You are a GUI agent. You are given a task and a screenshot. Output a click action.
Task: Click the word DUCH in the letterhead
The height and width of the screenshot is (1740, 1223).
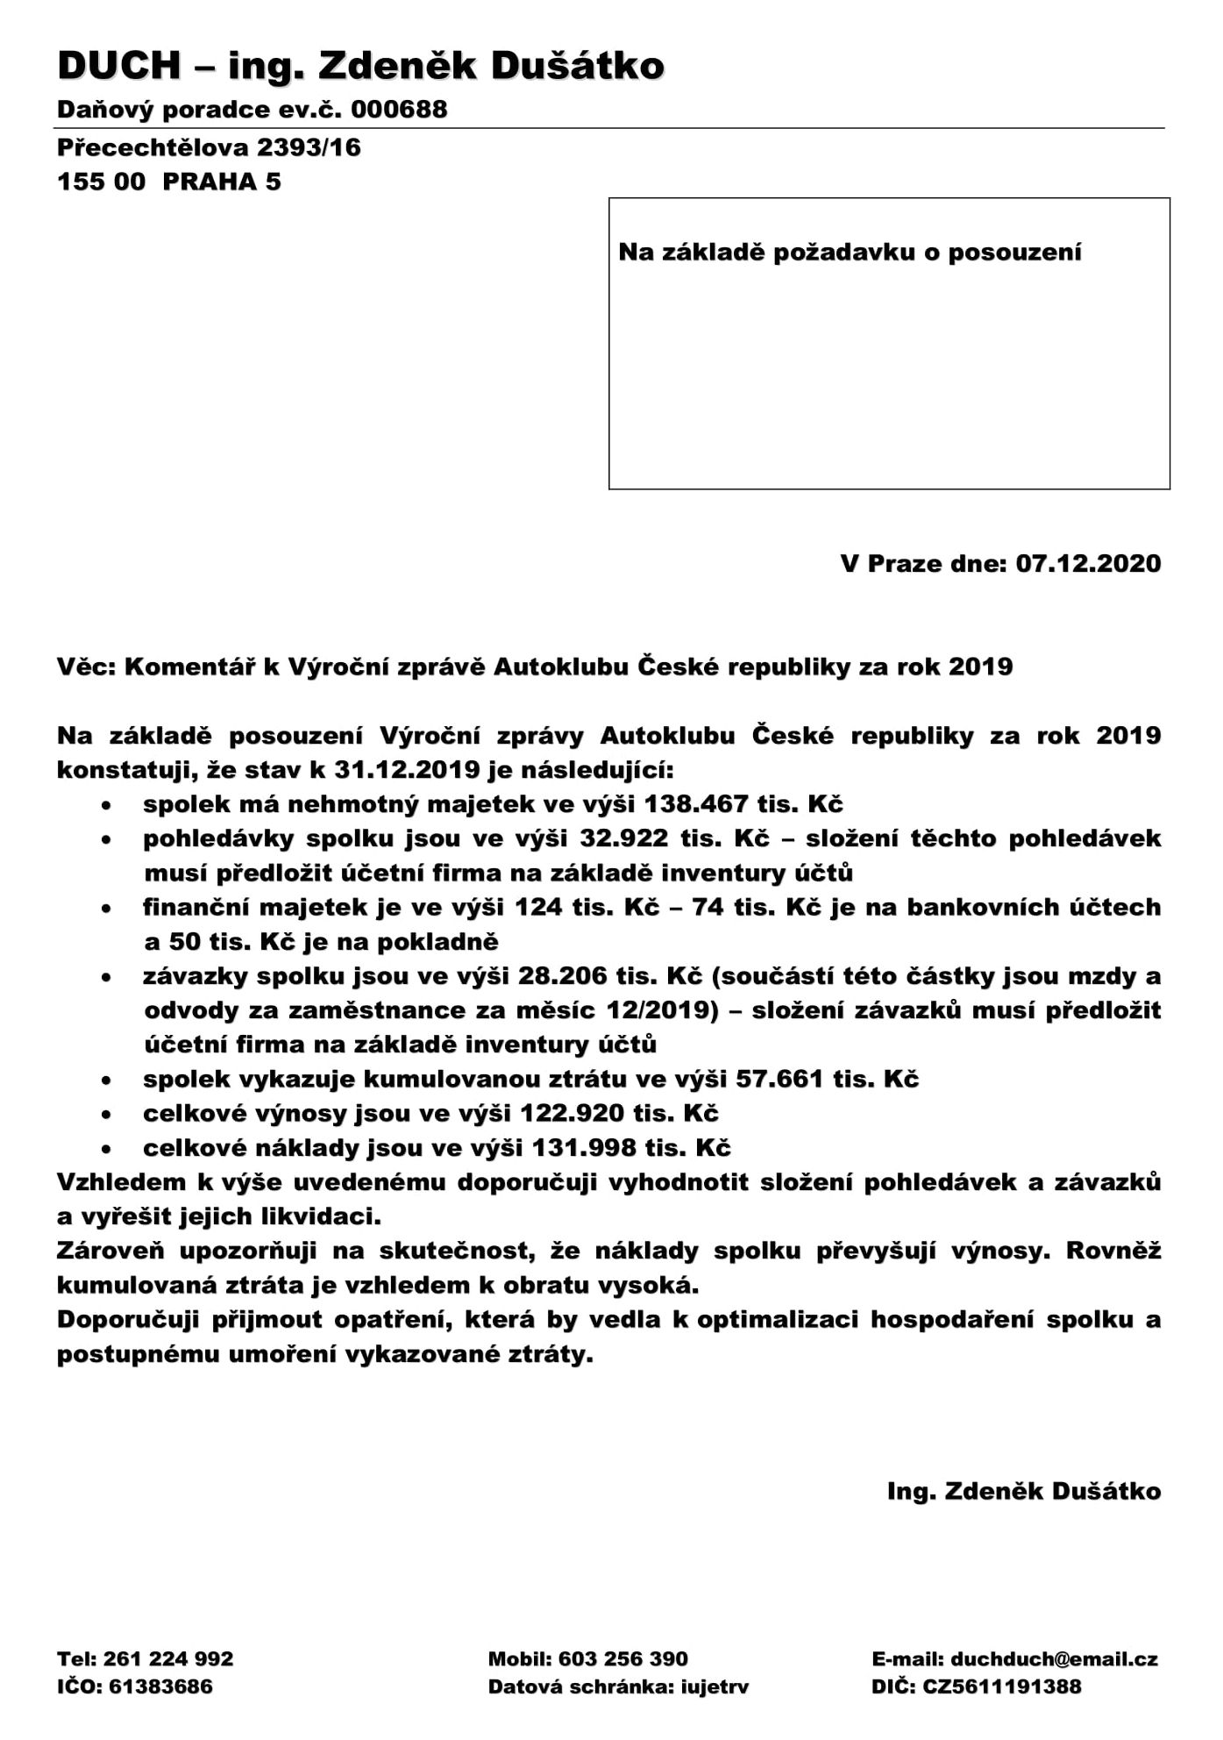point(119,66)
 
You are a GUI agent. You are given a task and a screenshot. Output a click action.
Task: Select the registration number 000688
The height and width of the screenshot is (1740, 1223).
point(399,110)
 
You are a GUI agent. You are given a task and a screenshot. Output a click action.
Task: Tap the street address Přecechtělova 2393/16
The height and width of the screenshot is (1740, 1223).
point(209,147)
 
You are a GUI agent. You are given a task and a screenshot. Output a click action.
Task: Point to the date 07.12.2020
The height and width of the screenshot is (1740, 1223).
point(1088,563)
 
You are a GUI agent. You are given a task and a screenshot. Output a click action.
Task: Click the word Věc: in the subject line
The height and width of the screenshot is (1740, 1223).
point(86,667)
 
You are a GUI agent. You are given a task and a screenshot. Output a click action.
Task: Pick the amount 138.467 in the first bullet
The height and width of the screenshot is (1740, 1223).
point(696,804)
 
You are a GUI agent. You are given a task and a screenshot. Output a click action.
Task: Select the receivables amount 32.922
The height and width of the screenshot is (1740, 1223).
point(624,838)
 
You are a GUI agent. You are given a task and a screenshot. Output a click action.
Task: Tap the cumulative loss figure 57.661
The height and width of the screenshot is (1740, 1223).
point(779,1079)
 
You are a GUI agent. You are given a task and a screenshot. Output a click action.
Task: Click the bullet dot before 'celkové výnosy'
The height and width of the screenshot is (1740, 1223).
point(105,1115)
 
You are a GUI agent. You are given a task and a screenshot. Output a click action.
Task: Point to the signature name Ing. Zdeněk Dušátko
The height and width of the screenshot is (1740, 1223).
point(1023,1491)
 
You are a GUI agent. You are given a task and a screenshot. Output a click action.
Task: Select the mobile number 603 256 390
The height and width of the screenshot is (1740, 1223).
point(622,1658)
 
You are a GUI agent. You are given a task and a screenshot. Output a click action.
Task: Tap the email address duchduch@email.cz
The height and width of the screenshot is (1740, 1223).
point(1054,1658)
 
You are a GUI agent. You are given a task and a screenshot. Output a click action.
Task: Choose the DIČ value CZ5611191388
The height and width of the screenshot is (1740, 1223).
point(1001,1686)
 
